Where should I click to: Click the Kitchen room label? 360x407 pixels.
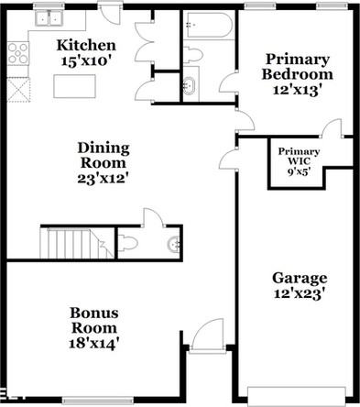tap(86, 45)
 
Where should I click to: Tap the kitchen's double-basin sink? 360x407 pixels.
tap(49, 17)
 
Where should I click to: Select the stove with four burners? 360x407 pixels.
tap(18, 53)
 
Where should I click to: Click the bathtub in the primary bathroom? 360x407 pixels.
tap(208, 24)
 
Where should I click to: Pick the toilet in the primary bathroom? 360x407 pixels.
tap(192, 54)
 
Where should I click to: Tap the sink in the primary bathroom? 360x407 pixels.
tap(191, 88)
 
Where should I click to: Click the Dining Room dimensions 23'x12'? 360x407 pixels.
tap(104, 178)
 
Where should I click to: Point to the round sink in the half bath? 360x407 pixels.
tap(172, 244)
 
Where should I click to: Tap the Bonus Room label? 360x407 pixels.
tap(94, 312)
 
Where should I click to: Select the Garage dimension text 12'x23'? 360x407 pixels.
tap(299, 294)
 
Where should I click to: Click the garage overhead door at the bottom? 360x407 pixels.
tap(298, 396)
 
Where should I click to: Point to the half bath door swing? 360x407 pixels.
tap(153, 218)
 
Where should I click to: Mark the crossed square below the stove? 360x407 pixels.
tap(17, 89)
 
